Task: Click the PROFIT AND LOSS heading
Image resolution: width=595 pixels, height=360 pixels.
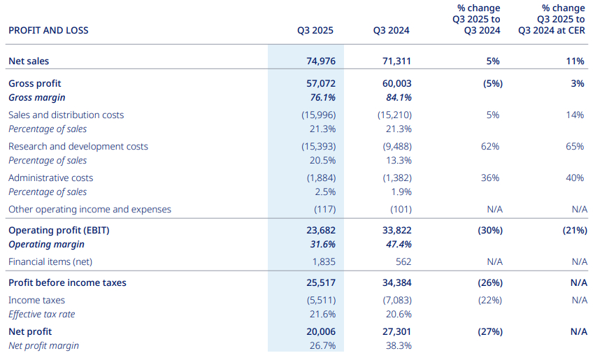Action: click(x=48, y=31)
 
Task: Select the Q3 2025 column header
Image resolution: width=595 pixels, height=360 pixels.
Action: click(x=315, y=31)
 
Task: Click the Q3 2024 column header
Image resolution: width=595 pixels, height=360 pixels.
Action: click(x=392, y=31)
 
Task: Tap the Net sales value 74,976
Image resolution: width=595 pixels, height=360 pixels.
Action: click(x=317, y=62)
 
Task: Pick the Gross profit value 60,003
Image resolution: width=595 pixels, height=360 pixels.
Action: click(x=394, y=84)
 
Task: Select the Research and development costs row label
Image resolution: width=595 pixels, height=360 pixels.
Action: click(x=78, y=147)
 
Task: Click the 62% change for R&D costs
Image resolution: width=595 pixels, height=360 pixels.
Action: click(x=491, y=147)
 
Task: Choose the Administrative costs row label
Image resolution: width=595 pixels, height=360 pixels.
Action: click(x=51, y=178)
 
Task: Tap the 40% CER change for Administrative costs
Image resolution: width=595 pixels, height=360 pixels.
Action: click(x=575, y=178)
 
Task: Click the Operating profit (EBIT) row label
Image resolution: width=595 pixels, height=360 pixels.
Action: click(x=59, y=231)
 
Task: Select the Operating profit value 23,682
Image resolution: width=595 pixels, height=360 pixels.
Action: click(x=317, y=231)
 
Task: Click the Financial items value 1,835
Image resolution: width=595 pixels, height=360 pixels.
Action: click(x=321, y=262)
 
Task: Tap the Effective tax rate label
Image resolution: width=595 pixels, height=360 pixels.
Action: click(x=42, y=315)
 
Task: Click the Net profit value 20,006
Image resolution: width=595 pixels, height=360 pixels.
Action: click(x=317, y=332)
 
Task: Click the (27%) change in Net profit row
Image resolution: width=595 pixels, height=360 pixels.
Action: click(x=489, y=332)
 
